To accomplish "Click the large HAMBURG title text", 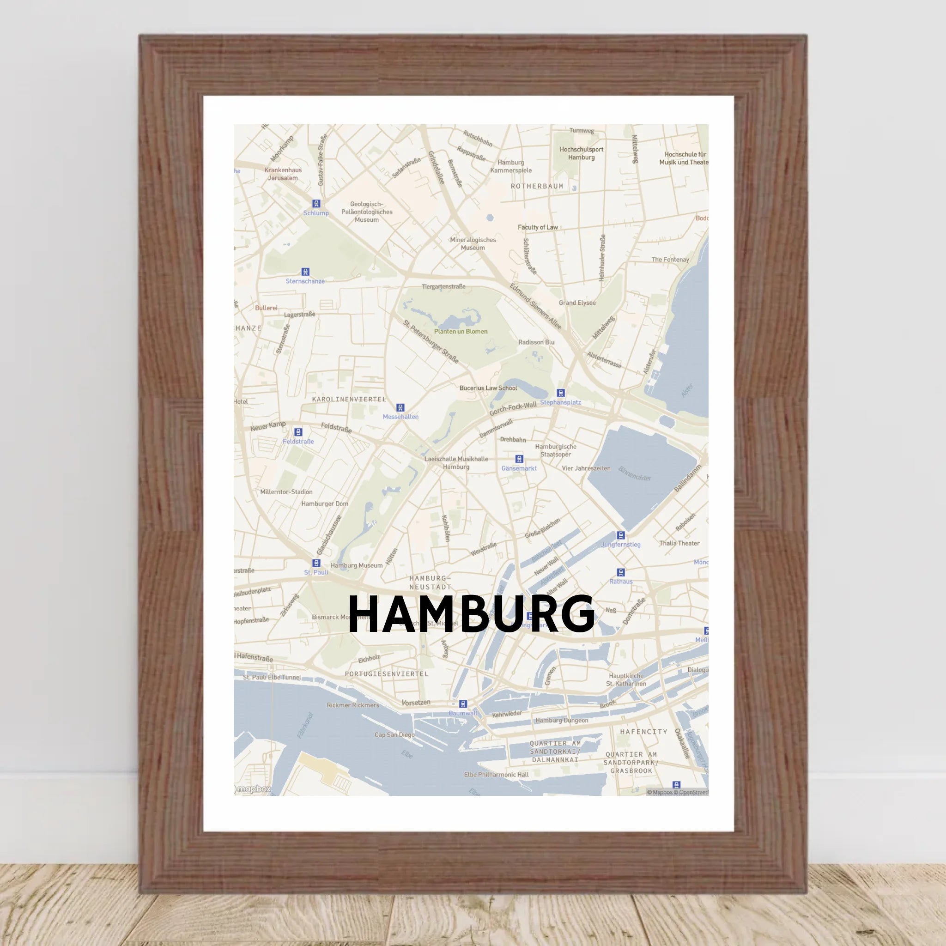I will click(x=471, y=614).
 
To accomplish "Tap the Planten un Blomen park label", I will click(x=461, y=332).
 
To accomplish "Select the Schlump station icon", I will click(x=316, y=204).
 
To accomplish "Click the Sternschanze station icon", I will click(x=305, y=272).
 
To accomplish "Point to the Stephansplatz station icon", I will click(x=561, y=393).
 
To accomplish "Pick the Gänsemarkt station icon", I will click(x=519, y=459).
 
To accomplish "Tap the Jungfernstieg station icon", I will click(x=621, y=535).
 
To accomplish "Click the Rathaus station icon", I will click(x=621, y=572).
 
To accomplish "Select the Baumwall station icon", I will click(x=463, y=703).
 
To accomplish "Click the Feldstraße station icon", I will click(x=298, y=432).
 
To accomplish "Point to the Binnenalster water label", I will click(x=635, y=473).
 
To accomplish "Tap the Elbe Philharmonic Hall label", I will click(x=496, y=775).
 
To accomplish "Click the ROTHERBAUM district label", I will click(x=537, y=187).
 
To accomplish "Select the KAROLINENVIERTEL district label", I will click(x=349, y=399).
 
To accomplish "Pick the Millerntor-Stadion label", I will click(x=286, y=492).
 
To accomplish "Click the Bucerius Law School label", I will click(x=488, y=388).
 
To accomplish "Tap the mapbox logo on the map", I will click(x=253, y=789).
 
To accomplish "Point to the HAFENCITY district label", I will click(x=643, y=732).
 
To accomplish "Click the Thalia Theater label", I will click(x=679, y=543).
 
